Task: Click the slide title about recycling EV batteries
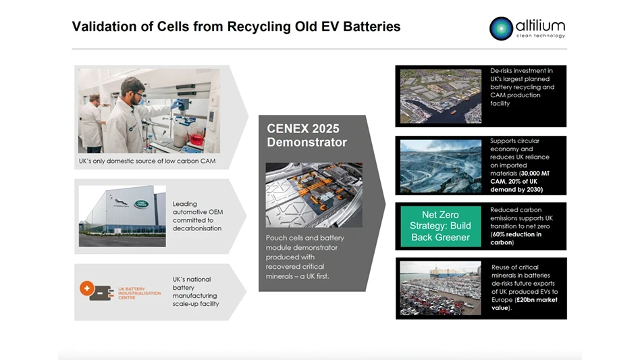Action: pos(236,27)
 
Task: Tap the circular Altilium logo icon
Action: pos(502,28)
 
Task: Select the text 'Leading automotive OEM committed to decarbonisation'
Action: pos(198,215)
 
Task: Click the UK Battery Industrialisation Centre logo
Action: pos(122,292)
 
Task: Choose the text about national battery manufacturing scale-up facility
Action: pos(196,291)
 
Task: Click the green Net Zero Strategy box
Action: pos(441,226)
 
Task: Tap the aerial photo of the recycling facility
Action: pos(441,95)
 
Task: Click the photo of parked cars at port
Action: pos(441,288)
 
